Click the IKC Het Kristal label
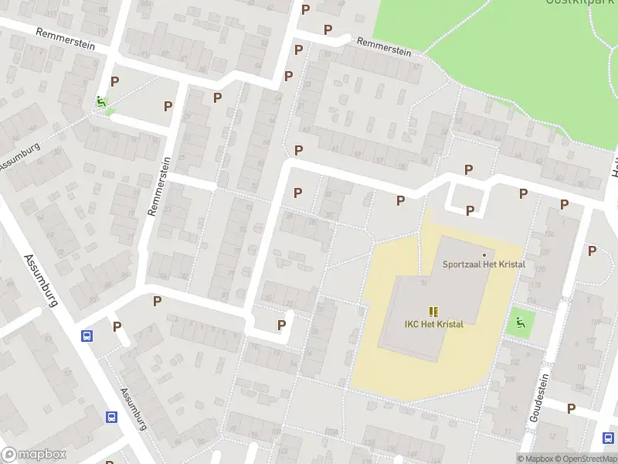pos(433,324)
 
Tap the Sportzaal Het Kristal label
pos(484,264)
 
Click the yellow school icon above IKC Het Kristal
pos(433,311)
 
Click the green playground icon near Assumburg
pos(100,101)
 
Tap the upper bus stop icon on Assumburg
pos(87,336)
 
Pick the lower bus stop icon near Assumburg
pos(111,417)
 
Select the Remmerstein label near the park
pos(383,47)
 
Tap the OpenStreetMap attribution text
pos(586,459)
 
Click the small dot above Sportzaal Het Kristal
pos(484,254)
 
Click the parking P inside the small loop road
pos(470,210)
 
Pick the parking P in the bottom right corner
pos(571,408)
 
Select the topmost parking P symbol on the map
pos(305,9)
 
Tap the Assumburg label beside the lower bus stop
pos(132,408)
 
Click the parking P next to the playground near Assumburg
pos(115,81)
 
